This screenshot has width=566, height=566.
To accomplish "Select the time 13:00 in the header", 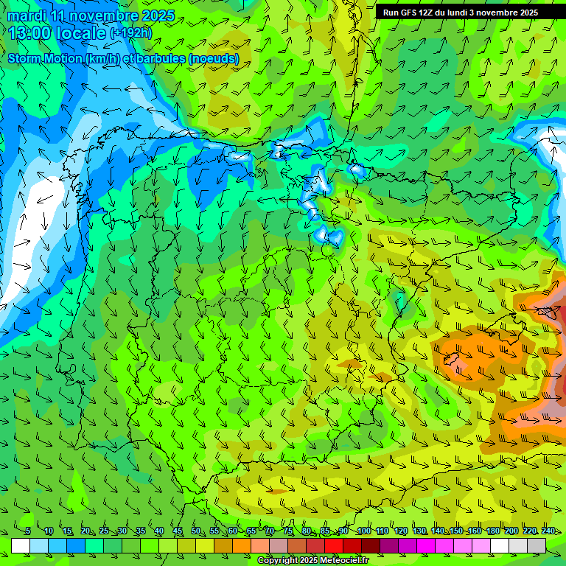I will point(31,33).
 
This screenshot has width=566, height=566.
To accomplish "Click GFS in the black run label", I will point(410,13).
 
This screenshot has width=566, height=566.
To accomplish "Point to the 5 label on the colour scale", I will point(27,531).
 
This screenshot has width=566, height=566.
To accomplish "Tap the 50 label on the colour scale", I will point(196,531).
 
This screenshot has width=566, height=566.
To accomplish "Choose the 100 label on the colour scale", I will point(363,531).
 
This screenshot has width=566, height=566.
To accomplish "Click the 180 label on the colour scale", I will point(492,531).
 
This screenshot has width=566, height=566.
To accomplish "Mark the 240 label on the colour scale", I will point(548,531).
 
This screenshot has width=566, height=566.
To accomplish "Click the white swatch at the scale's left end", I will point(21,545).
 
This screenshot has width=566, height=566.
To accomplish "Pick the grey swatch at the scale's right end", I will point(537,545).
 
